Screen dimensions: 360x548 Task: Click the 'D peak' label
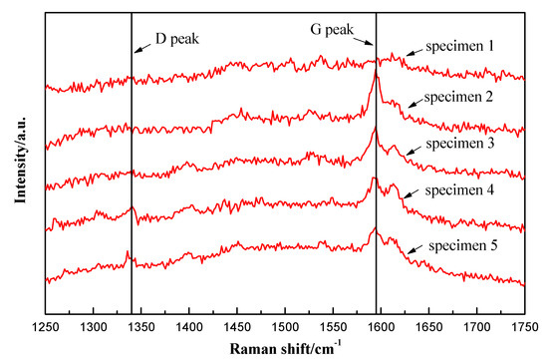(176, 41)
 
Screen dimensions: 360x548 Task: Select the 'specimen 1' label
(459, 47)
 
